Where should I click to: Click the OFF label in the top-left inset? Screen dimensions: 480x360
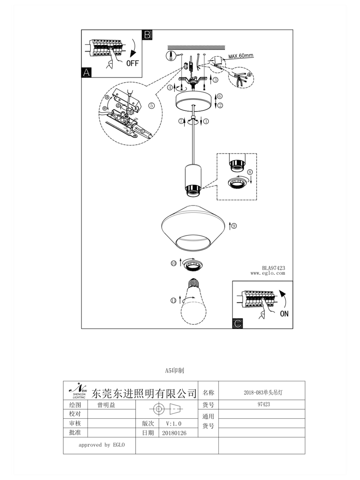click(x=133, y=63)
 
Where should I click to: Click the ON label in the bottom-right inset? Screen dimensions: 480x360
click(x=284, y=314)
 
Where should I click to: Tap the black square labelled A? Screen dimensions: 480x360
click(x=86, y=72)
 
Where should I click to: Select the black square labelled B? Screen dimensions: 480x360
click(x=147, y=35)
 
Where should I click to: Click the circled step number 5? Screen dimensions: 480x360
click(x=151, y=106)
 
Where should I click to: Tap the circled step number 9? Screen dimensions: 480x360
click(x=234, y=226)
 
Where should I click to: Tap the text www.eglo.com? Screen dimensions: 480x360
click(x=268, y=274)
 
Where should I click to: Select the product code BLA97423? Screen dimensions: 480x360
click(x=273, y=268)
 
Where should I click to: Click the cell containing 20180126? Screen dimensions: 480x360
click(x=174, y=433)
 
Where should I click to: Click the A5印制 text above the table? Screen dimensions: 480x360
click(x=174, y=371)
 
